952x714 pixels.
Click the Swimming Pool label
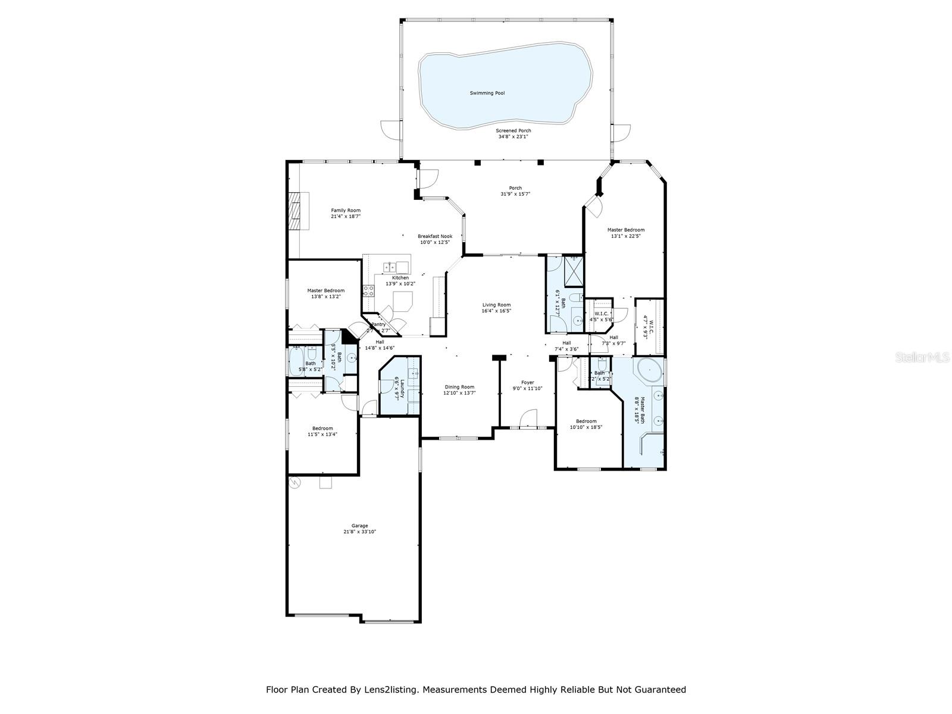tap(487, 93)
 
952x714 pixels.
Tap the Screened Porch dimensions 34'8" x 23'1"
tap(513, 137)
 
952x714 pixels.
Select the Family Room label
tap(346, 210)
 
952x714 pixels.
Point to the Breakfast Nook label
tap(434, 236)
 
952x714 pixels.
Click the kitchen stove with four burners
tap(369, 290)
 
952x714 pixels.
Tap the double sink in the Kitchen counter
tap(390, 267)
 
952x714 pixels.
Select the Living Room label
tap(496, 305)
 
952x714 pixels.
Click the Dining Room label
tap(459, 387)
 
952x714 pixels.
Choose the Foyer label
tap(527, 383)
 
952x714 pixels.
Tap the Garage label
tap(359, 526)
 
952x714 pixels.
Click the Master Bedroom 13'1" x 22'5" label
tap(625, 230)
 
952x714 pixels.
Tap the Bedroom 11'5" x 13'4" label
tap(322, 428)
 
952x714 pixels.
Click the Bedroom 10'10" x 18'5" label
tap(586, 421)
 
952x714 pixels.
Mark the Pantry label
tap(378, 324)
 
